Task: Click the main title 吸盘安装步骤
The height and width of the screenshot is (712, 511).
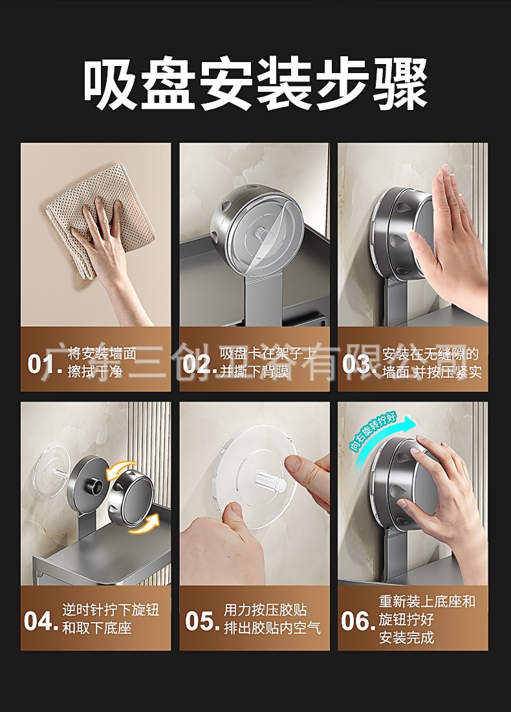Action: (x=255, y=85)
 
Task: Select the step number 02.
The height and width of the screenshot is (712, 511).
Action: (x=199, y=364)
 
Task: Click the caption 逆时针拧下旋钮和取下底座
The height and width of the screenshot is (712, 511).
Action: (x=110, y=620)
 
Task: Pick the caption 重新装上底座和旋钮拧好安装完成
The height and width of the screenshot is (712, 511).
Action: (x=427, y=620)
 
